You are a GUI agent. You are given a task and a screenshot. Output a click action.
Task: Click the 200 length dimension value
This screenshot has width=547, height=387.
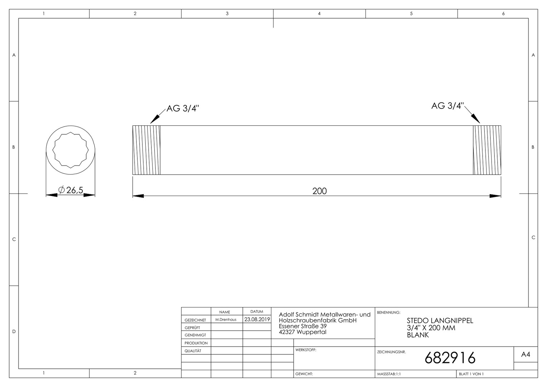tap(319, 191)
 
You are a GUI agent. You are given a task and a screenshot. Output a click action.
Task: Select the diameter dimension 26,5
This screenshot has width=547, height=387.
tap(71, 190)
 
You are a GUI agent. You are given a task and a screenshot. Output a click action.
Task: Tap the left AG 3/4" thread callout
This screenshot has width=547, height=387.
tap(183, 108)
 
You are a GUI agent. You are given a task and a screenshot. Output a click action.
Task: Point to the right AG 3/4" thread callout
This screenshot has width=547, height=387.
tap(447, 106)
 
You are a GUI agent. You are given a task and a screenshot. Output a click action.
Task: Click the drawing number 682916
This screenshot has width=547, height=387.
tap(450, 358)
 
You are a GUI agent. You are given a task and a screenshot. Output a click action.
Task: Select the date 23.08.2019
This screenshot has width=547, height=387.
tap(257, 319)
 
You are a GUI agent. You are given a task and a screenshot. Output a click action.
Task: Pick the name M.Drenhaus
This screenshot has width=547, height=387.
tap(226, 320)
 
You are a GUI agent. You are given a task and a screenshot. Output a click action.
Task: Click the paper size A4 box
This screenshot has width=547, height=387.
tap(526, 354)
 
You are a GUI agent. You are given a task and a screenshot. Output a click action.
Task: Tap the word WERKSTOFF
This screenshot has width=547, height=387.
tap(306, 350)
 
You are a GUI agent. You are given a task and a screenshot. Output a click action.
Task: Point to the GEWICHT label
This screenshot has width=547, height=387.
tap(304, 374)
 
